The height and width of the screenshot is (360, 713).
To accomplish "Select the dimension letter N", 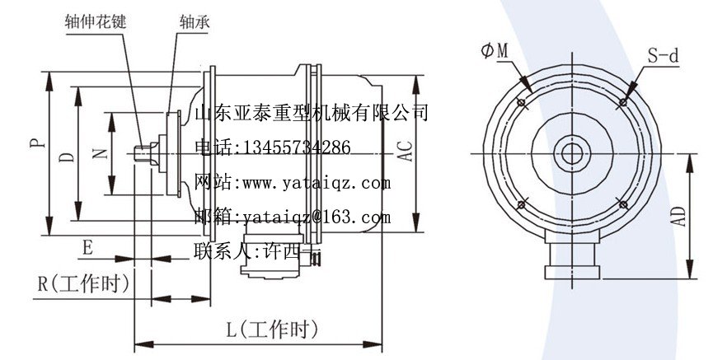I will pyautogui.click(x=100, y=154).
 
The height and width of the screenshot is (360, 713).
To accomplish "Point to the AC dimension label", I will pyautogui.click(x=404, y=149).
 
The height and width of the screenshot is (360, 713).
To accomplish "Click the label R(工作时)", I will pyautogui.click(x=84, y=285).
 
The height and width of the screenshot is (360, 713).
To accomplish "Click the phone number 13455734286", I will pyautogui.click(x=293, y=147).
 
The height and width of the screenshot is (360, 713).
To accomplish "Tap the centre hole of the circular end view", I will pyautogui.click(x=570, y=153).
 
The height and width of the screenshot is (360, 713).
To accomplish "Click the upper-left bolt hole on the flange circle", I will pyautogui.click(x=521, y=102).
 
